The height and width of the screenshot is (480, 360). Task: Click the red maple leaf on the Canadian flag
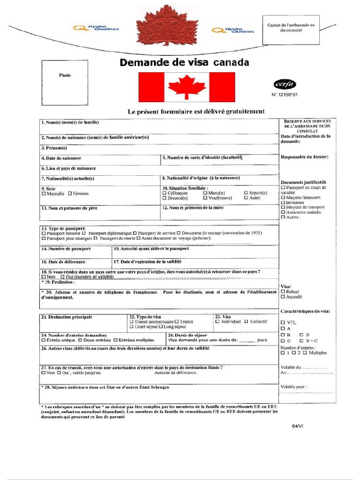(x=187, y=87)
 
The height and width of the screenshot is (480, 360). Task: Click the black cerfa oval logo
(x=284, y=84)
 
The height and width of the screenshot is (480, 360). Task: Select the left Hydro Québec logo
(x=96, y=29)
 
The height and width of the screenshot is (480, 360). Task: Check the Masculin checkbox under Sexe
(x=44, y=194)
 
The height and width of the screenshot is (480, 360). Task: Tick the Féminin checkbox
(x=70, y=194)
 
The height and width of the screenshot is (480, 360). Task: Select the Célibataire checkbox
(x=164, y=193)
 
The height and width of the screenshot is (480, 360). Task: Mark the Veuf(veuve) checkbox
(x=205, y=198)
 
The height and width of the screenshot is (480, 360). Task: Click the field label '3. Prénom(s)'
(x=54, y=148)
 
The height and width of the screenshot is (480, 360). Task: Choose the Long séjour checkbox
(x=161, y=327)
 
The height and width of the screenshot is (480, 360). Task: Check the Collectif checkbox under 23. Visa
(x=246, y=322)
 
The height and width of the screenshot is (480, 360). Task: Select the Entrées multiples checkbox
(x=115, y=340)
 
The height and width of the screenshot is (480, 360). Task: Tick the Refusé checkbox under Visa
(x=283, y=291)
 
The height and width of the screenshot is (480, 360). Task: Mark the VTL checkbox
(x=283, y=322)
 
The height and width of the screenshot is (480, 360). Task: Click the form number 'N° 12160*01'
(x=285, y=94)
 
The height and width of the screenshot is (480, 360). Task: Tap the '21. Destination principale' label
(x=67, y=317)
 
